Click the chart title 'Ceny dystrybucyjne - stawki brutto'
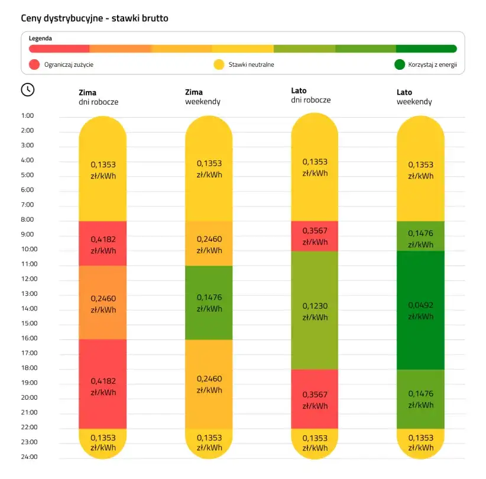(95, 18)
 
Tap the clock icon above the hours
(28, 89)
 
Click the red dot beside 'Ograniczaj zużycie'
(34, 64)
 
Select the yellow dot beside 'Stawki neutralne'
(219, 64)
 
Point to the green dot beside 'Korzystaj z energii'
(400, 64)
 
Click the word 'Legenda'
(40, 38)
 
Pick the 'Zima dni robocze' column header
(98, 97)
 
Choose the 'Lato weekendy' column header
(414, 97)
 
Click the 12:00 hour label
(28, 279)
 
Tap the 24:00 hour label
(28, 457)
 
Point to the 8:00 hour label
(28, 219)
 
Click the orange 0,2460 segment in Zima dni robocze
(103, 302)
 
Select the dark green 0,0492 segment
(420, 310)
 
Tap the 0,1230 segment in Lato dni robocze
(315, 310)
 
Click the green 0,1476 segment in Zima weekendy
(209, 302)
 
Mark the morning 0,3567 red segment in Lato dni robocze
(315, 236)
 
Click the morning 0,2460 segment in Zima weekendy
(209, 244)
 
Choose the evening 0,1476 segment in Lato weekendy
(420, 399)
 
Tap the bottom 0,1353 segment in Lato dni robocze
(315, 443)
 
